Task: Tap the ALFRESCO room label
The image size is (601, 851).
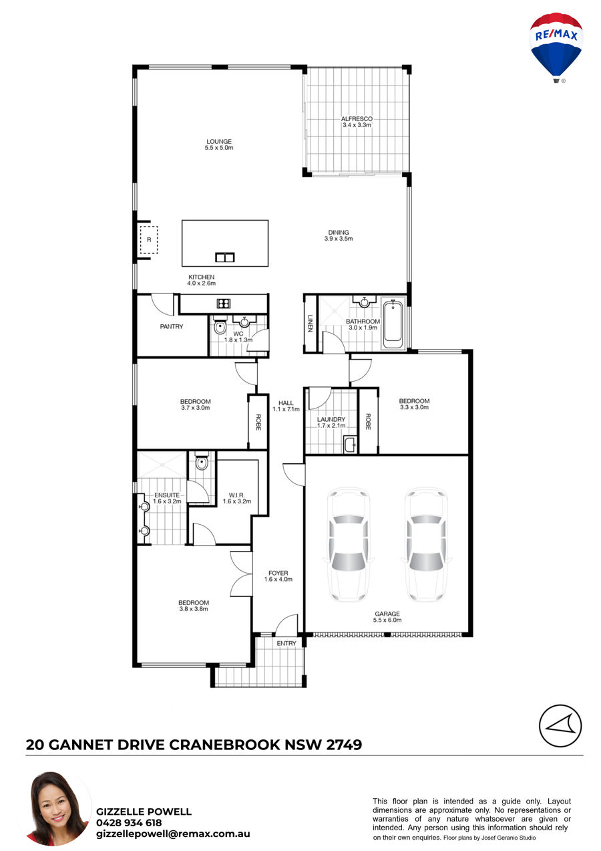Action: pyautogui.click(x=357, y=119)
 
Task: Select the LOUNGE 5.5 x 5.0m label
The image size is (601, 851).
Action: pyautogui.click(x=219, y=144)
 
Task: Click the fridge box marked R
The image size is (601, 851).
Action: pyautogui.click(x=149, y=240)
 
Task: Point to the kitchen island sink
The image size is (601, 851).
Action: pyautogui.click(x=224, y=257)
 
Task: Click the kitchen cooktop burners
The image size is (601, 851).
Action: pyautogui.click(x=224, y=303)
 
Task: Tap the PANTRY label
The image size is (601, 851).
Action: pyautogui.click(x=172, y=326)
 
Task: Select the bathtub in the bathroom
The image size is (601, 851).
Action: pyautogui.click(x=393, y=324)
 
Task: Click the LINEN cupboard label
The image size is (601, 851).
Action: pyautogui.click(x=311, y=324)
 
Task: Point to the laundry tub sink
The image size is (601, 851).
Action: pyautogui.click(x=350, y=445)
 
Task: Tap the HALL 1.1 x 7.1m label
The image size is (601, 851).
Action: pyautogui.click(x=286, y=406)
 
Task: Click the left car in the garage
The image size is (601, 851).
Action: pyautogui.click(x=349, y=544)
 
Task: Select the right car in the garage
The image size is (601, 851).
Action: pyautogui.click(x=426, y=544)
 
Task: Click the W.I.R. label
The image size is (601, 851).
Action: pyautogui.click(x=237, y=495)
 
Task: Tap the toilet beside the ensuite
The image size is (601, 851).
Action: pyautogui.click(x=202, y=461)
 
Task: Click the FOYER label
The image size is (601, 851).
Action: pyautogui.click(x=278, y=573)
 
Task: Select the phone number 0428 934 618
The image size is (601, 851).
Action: pyautogui.click(x=129, y=823)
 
